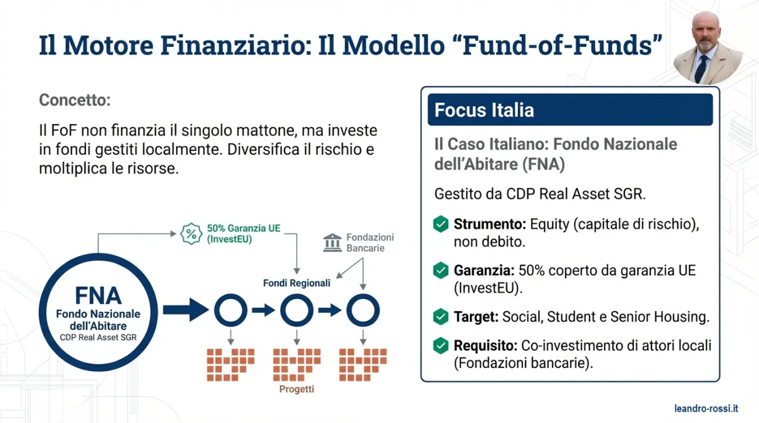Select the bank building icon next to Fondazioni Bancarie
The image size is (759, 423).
click(332, 242)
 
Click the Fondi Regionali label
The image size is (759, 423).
click(297, 283)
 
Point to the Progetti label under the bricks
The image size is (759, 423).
click(297, 389)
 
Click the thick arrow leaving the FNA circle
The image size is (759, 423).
click(185, 310)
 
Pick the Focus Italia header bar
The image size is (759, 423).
click(570, 110)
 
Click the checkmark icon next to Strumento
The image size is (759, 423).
click(441, 224)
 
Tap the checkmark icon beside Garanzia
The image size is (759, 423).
click(441, 271)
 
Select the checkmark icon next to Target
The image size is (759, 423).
click(441, 317)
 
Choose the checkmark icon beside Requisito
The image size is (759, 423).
click(441, 346)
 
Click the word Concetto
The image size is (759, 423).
click(75, 100)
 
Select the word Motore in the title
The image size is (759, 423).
click(120, 46)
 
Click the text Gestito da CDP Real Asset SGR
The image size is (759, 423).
click(540, 194)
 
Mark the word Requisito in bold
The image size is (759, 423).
click(484, 346)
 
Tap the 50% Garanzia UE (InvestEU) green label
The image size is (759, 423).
click(233, 233)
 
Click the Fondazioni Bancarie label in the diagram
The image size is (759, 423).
click(369, 242)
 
